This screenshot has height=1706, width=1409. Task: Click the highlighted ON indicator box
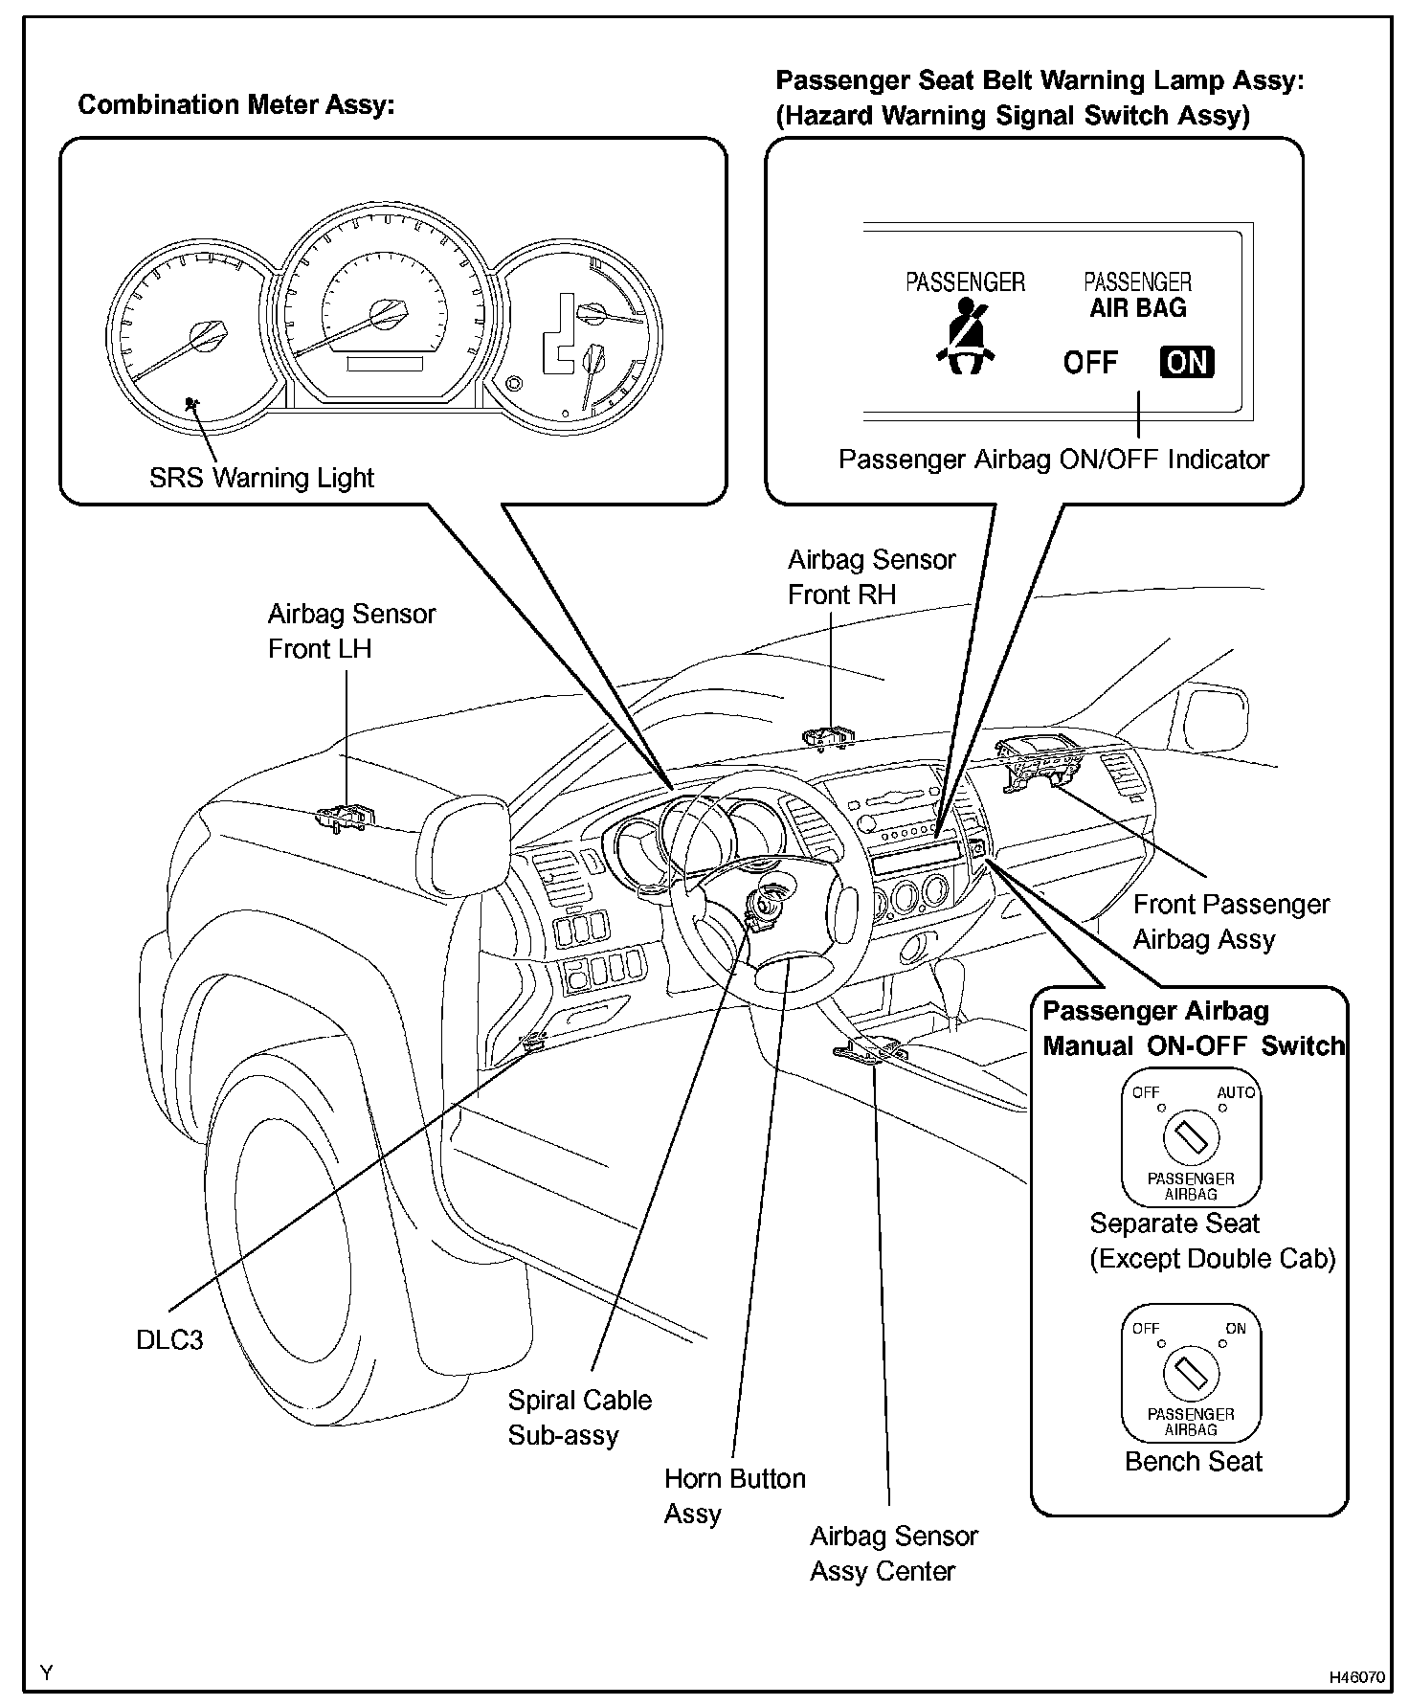(1187, 362)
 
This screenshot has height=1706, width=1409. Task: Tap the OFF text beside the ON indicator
(1090, 363)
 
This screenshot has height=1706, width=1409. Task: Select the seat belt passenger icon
(965, 336)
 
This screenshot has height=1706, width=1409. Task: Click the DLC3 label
(169, 1339)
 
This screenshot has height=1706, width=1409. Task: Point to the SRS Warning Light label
(261, 478)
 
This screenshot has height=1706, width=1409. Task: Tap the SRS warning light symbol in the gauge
(193, 404)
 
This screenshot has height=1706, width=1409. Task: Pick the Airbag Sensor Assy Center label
(893, 1553)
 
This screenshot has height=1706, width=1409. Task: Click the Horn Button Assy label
(734, 1495)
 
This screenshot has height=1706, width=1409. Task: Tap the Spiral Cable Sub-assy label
(579, 1417)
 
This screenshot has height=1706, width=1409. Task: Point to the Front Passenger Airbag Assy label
(1231, 921)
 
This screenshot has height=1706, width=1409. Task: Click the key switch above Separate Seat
(1191, 1137)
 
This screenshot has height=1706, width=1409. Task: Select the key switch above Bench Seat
(1191, 1374)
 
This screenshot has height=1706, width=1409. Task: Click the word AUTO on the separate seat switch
(1236, 1092)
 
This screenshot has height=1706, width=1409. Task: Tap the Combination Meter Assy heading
(235, 105)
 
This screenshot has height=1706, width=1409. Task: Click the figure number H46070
(1355, 1677)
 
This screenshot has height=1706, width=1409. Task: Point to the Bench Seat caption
(1194, 1461)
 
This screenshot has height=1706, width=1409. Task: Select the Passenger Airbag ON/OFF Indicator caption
(1053, 460)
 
